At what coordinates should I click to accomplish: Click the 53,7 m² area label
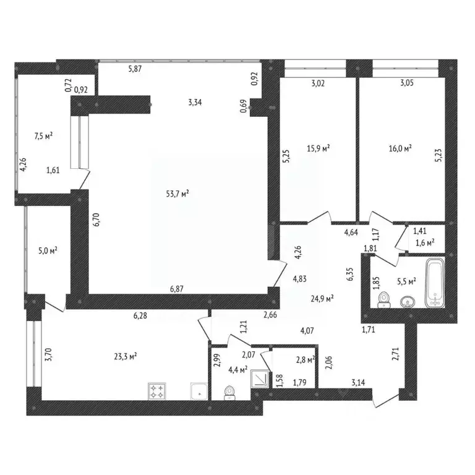tap(178, 194)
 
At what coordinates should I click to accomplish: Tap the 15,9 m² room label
tap(318, 148)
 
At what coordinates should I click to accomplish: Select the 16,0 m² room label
tap(400, 148)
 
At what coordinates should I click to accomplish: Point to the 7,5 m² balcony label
tap(44, 136)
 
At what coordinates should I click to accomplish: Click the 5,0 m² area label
tap(48, 251)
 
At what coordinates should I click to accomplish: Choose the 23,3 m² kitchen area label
tap(126, 356)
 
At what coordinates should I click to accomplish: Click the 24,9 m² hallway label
tap(322, 299)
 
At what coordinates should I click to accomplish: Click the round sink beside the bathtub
tap(407, 302)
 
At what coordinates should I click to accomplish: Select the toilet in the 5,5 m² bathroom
tap(385, 299)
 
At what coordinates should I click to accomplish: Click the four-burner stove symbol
tap(157, 391)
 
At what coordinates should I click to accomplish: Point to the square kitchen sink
tap(199, 391)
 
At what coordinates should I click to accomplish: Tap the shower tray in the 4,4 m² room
tap(260, 379)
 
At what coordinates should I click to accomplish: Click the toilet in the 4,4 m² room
tap(229, 393)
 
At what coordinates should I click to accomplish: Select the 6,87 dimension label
tap(177, 289)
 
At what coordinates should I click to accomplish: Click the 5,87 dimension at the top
tap(135, 69)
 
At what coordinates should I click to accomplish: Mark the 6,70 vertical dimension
tap(97, 220)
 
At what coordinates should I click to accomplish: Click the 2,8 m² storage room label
tap(306, 359)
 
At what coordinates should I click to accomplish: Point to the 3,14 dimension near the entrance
tap(358, 383)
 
